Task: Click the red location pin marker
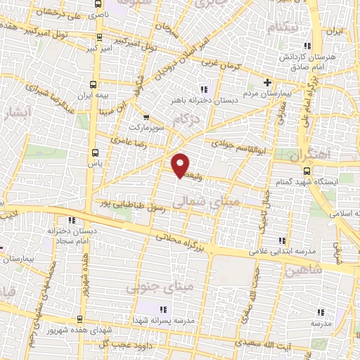point(181,165)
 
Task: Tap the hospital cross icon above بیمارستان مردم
point(267,82)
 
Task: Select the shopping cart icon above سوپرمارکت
point(146,117)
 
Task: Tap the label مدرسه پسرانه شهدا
point(162,319)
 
